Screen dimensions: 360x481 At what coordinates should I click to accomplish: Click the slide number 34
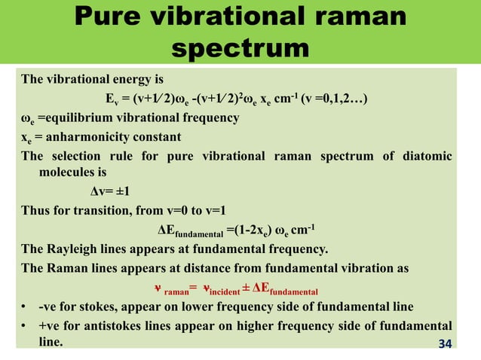[x=447, y=344]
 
